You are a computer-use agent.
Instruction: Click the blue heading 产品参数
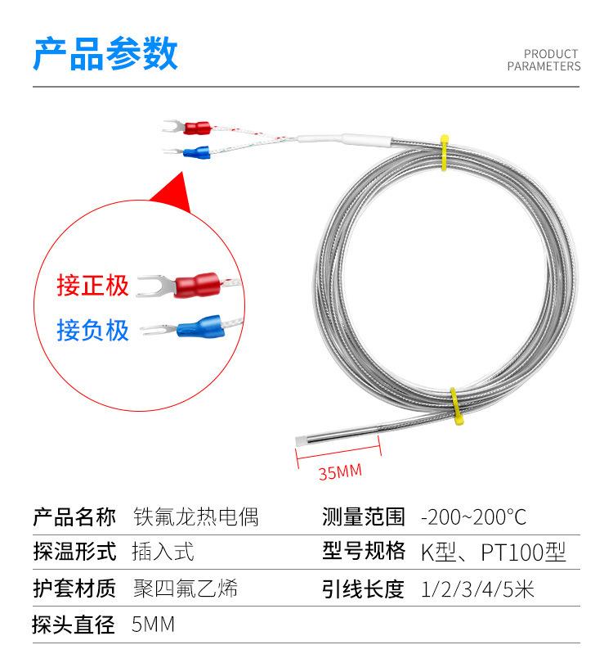[105, 54]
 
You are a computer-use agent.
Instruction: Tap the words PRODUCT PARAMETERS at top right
[544, 61]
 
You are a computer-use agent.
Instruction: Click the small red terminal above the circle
[197, 128]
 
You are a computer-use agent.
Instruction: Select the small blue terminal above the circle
[195, 151]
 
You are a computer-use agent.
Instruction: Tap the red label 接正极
[93, 286]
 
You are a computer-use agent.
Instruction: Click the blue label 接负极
[93, 330]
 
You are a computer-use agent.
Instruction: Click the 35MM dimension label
[339, 472]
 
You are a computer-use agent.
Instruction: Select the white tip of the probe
[299, 440]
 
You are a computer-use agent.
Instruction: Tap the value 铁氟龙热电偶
[195, 517]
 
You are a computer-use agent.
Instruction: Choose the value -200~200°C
[473, 517]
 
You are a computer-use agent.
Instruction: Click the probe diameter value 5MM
[153, 625]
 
